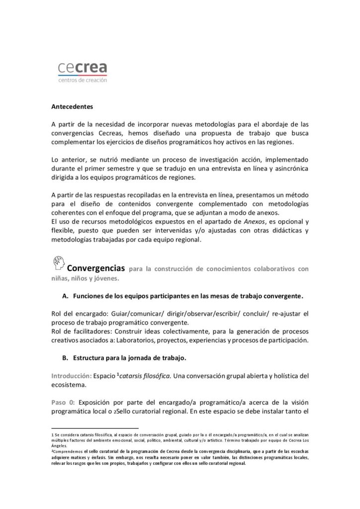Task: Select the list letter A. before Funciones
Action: (65, 296)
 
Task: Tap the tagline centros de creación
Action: (82, 80)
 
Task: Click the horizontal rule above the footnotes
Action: (94, 427)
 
